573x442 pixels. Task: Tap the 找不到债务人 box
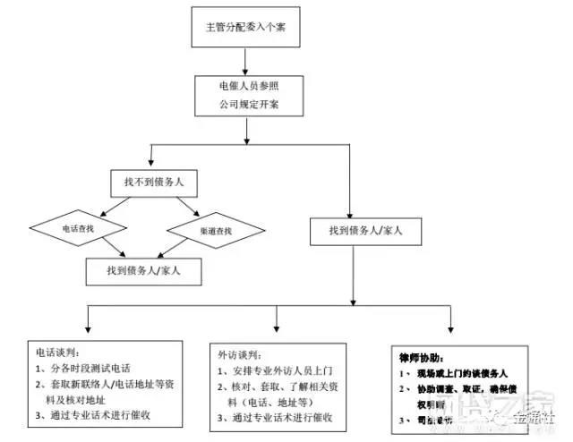154,183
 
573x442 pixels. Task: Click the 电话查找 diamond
79,230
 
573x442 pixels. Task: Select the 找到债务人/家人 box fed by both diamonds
143,269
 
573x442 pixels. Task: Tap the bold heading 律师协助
418,355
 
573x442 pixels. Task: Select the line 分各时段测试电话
86,369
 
